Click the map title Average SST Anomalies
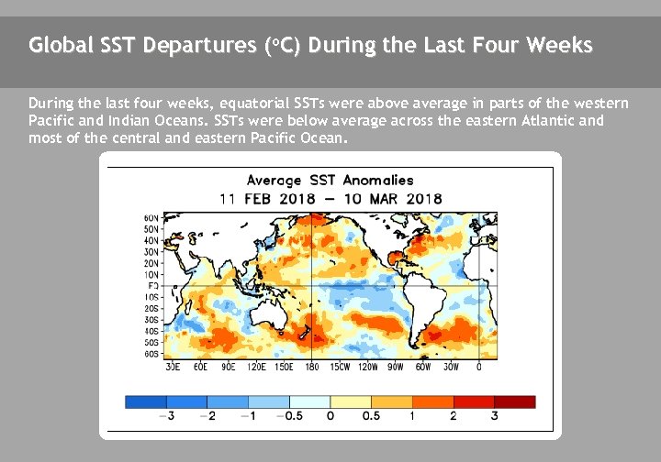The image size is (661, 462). [330, 181]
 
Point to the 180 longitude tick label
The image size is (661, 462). [311, 367]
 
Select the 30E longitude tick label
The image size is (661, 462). [172, 367]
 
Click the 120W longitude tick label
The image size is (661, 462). [367, 367]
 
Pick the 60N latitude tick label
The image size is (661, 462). [151, 218]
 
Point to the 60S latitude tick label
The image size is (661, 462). [151, 353]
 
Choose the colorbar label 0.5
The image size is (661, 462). [371, 416]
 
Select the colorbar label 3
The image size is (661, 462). [495, 416]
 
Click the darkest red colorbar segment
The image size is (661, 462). [514, 401]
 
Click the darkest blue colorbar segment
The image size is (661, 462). [146, 401]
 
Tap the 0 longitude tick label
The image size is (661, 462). [479, 367]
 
